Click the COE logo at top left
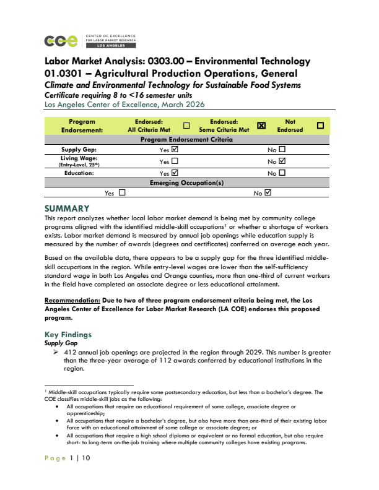(x=61, y=41)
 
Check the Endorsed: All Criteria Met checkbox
(x=186, y=126)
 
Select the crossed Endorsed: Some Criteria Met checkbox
(x=261, y=126)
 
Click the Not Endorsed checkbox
(x=320, y=126)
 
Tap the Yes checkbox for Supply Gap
(x=174, y=150)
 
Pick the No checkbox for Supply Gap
(x=282, y=150)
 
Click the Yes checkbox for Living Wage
(x=174, y=161)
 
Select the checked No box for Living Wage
(x=282, y=161)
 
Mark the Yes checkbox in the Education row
(x=174, y=173)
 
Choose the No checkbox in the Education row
(x=282, y=173)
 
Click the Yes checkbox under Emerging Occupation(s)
(x=121, y=193)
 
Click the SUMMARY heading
(x=68, y=208)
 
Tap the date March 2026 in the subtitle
(x=186, y=105)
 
